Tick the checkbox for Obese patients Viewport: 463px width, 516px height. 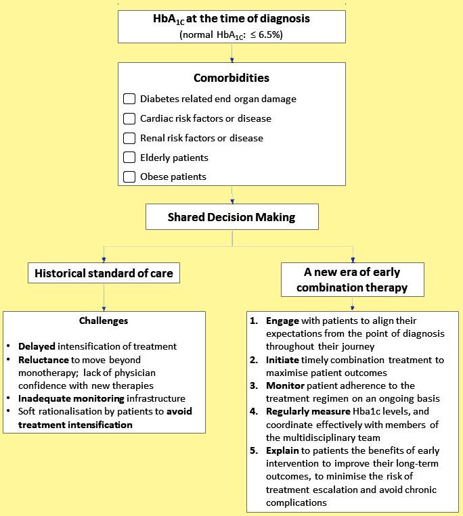(129, 177)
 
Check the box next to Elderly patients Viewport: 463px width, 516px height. (129, 158)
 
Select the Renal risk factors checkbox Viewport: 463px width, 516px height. (129, 138)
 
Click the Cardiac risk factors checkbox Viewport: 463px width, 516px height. (129, 118)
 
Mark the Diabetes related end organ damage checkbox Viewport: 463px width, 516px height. (129, 99)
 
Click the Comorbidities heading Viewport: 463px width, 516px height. (231, 78)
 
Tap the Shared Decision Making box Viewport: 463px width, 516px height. (232, 218)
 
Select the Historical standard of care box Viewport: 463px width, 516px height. (104, 274)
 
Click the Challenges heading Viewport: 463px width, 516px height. (104, 320)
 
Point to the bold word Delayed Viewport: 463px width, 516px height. (37, 347)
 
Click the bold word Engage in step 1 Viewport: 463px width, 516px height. (282, 320)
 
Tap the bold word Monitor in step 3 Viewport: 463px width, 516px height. (284, 385)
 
